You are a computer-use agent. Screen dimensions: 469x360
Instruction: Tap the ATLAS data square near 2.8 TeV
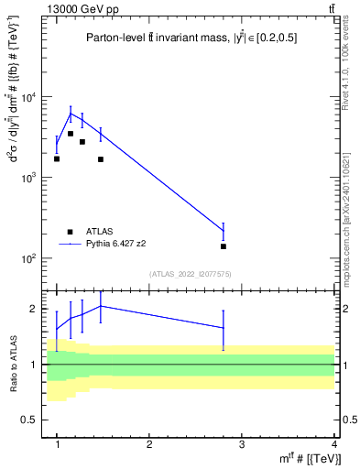(224, 246)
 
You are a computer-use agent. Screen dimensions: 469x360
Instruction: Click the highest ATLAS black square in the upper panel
(70, 134)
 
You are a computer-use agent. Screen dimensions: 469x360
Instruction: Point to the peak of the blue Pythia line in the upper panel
(70, 114)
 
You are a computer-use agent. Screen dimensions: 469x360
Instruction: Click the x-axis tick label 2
(149, 445)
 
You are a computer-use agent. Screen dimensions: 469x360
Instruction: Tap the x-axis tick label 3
(242, 445)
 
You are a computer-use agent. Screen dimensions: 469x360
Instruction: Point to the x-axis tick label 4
(333, 445)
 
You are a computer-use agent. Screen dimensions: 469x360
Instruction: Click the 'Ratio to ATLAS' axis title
(11, 365)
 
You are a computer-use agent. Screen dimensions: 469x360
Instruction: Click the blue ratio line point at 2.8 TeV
(224, 328)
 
